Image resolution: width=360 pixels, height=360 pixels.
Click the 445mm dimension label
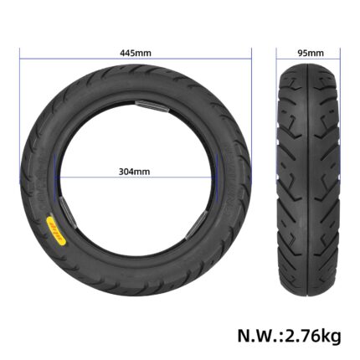coord(136,53)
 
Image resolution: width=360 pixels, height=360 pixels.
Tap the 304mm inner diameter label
coord(134,172)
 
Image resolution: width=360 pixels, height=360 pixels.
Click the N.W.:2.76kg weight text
coord(289,336)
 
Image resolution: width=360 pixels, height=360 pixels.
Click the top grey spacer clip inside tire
coord(152,106)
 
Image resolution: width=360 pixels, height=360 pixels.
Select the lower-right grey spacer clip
coord(196,225)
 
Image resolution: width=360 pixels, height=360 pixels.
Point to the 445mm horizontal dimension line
coord(136,59)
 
